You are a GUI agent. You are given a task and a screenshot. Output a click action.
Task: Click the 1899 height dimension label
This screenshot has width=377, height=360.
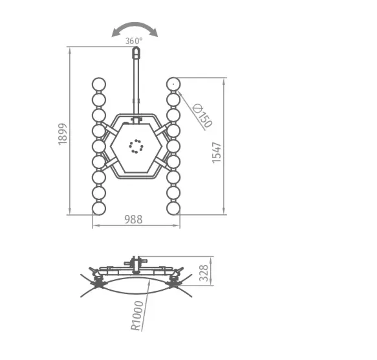[62, 134]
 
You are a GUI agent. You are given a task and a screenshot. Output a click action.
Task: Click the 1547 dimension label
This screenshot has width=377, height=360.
[217, 153]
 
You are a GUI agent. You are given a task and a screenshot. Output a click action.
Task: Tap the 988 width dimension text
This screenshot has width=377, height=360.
[133, 219]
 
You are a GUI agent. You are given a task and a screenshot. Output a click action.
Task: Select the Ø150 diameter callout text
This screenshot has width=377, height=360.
[202, 116]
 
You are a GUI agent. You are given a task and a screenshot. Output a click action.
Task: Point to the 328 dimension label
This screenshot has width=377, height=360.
[204, 273]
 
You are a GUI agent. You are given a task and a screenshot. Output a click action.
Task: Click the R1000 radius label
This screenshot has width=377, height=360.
[137, 315]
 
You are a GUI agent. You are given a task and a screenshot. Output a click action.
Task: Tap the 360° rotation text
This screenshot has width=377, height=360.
[134, 41]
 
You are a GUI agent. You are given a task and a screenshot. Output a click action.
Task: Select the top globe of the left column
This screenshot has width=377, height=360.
[99, 84]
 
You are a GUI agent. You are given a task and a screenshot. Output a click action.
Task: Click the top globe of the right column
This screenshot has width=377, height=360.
[173, 84]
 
